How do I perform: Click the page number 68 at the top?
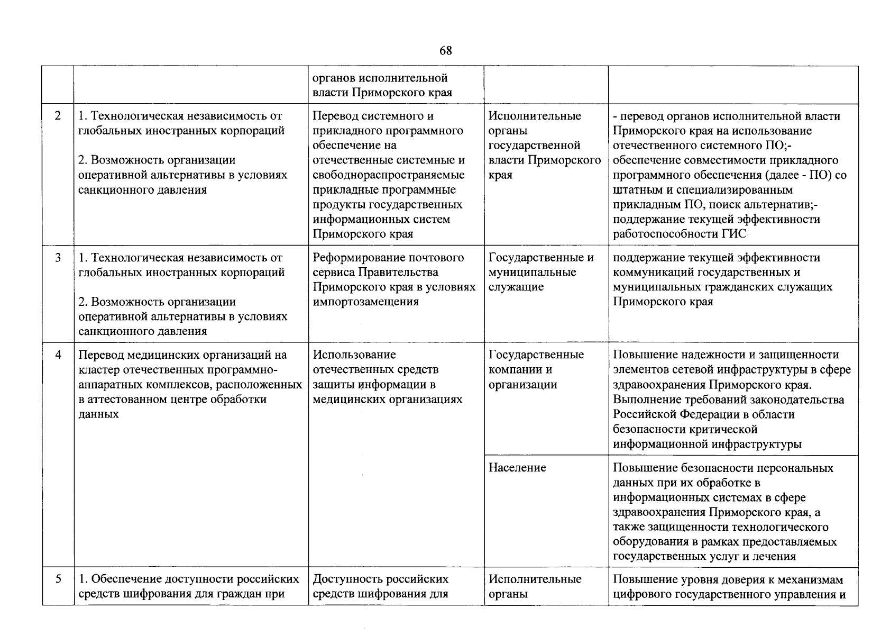(445, 51)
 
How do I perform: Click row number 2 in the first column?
(58, 116)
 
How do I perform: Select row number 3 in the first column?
(58, 258)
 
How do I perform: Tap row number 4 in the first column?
(58, 355)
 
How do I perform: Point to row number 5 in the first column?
(58, 579)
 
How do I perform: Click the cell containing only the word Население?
(517, 468)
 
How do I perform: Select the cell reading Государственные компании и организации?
(536, 370)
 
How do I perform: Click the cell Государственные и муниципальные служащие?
(540, 273)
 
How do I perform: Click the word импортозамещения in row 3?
(365, 302)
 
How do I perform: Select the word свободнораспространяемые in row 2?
(389, 175)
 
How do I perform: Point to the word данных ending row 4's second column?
(98, 414)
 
